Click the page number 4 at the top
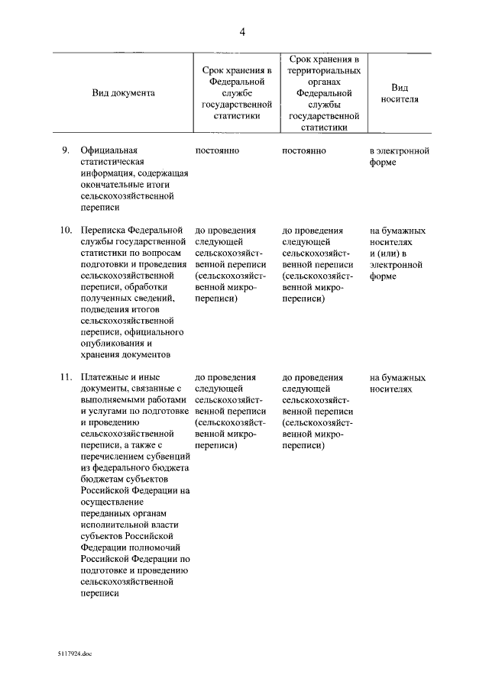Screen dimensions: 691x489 (242, 31)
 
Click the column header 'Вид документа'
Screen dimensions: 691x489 (124, 92)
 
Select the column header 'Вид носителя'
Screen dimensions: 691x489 (400, 92)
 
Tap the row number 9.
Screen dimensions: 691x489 (66, 150)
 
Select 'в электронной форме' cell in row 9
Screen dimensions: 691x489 (399, 157)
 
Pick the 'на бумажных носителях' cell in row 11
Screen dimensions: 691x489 (397, 383)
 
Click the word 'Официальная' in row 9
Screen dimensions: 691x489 (107, 150)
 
